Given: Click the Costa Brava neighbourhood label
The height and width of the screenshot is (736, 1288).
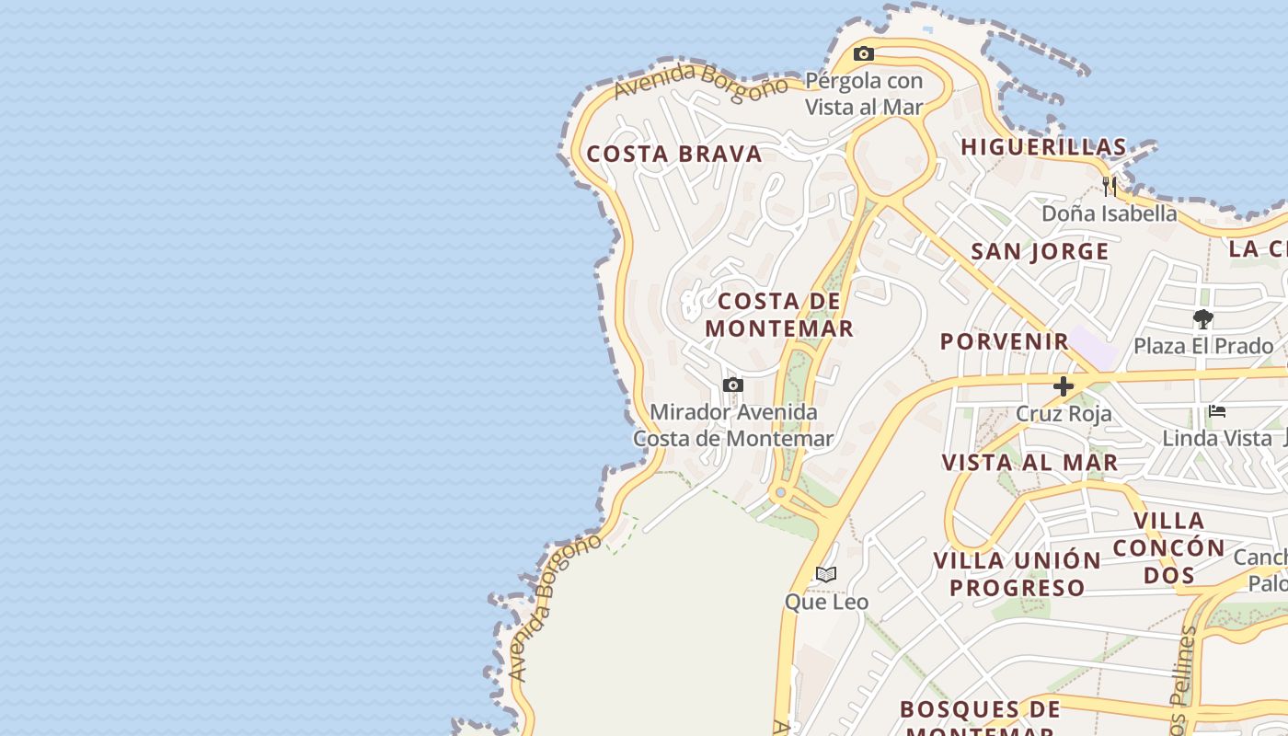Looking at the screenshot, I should coord(674,154).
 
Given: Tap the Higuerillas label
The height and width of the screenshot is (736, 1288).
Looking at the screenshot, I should coord(1043,147).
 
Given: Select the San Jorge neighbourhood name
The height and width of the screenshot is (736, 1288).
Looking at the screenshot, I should coord(1040,251).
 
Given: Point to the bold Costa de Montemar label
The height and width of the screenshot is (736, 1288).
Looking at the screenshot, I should coord(780,315).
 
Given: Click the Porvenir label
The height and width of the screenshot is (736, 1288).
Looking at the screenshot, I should coord(1005,341).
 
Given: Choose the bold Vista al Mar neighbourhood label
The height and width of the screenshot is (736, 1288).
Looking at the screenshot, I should coord(1029,462).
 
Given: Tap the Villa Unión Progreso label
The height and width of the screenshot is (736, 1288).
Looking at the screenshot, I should coord(1017,573).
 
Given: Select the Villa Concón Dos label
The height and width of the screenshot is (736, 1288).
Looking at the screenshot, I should coord(1168,547).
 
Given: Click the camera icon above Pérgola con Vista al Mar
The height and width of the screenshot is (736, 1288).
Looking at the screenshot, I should coord(863,54).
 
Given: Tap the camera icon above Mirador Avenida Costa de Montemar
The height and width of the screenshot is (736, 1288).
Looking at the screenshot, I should coord(732,385).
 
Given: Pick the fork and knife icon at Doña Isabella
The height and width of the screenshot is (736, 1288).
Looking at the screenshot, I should coord(1110,187).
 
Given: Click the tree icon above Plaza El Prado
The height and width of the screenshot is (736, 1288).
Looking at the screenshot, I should coord(1202,319).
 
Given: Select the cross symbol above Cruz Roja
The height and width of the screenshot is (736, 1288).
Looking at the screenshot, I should coord(1064,386).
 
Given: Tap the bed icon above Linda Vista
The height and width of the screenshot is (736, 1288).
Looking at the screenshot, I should coord(1217,411).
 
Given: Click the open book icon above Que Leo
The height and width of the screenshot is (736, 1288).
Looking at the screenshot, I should coord(826,575).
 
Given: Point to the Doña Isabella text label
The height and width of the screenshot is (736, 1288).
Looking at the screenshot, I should coord(1109,213).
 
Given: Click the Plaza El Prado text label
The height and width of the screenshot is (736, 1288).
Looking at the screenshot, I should coord(1202,346).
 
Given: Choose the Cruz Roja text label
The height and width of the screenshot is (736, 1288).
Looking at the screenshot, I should coord(1064,413).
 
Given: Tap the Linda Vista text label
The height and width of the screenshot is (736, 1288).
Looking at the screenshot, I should coord(1216,438).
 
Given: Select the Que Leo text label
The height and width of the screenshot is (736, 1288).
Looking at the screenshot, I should coord(826,602).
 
